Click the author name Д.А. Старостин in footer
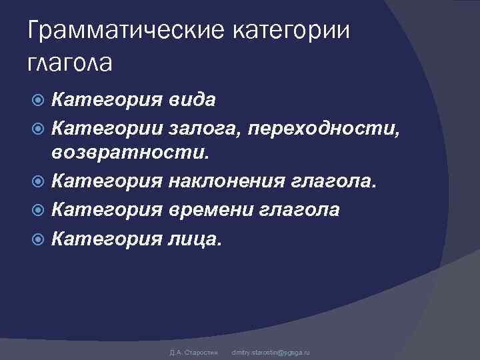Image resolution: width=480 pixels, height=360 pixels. coord(190,351)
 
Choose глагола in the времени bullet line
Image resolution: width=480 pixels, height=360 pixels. coord(299,210)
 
